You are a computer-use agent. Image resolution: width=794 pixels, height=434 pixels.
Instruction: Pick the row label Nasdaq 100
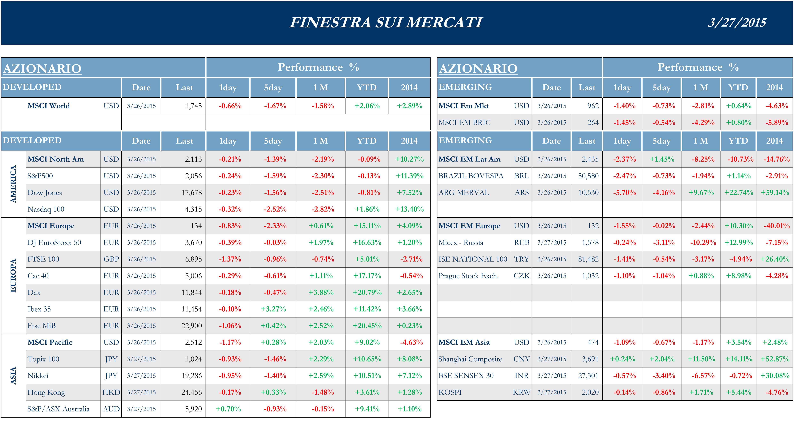point(46,209)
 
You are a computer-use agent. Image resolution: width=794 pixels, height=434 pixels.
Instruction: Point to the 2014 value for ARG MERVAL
point(775,193)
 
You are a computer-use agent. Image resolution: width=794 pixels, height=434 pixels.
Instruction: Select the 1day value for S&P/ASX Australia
point(228,409)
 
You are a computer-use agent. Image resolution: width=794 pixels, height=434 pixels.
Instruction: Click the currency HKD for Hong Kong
point(111,392)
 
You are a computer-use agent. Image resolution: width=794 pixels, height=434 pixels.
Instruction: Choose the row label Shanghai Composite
point(470,359)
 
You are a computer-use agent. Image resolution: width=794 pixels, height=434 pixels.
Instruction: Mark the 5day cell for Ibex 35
point(273,309)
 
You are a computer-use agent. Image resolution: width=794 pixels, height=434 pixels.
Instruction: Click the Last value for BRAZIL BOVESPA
point(588,176)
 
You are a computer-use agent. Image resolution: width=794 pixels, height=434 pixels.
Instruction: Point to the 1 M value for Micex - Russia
point(703,243)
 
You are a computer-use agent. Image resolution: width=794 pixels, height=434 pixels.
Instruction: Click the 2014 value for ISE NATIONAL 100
point(775,259)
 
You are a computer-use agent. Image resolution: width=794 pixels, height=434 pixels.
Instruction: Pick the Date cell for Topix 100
point(141,359)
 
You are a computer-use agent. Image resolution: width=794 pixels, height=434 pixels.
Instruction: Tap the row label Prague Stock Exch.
point(468,276)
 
